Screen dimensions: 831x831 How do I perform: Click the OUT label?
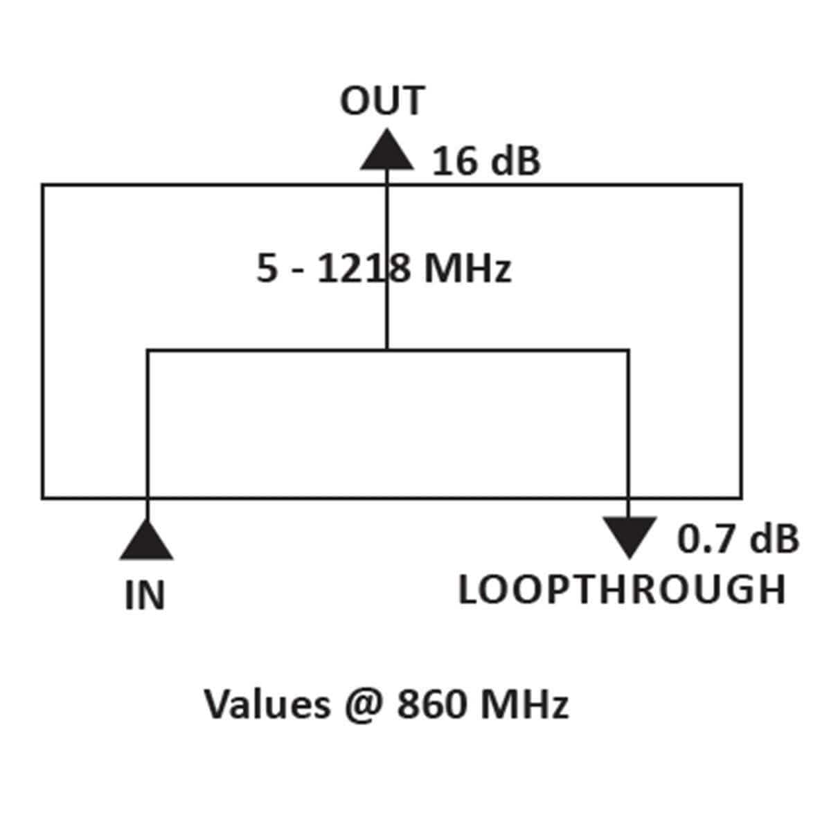pos(382,101)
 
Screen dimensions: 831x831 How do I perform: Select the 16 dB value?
pos(485,161)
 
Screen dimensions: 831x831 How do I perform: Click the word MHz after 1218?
pos(467,269)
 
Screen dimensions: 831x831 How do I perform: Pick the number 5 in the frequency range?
pos(267,269)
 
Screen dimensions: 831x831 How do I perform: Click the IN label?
pos(145,596)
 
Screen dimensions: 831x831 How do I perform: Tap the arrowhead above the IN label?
pos(146,542)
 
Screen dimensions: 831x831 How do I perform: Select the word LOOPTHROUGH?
pos(622,590)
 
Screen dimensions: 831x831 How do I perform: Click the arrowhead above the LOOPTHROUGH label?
pos(629,536)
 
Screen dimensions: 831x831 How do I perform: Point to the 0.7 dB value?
pos(738,539)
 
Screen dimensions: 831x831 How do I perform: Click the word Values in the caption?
pos(267,705)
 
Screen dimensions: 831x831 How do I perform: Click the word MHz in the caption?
pos(524,705)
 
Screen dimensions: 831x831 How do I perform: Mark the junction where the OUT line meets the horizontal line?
pos(386,350)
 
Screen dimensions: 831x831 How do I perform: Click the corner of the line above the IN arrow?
pos(148,350)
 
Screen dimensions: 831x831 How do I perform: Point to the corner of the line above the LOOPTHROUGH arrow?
pos(628,350)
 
